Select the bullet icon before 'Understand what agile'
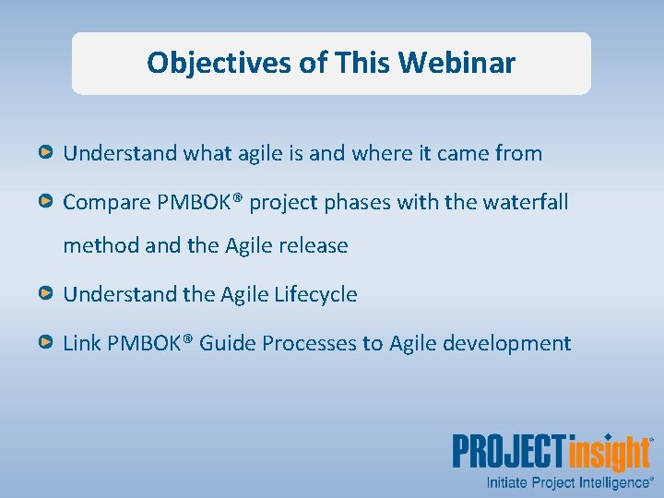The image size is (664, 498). pos(45,152)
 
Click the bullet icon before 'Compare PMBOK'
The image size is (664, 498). pos(45,200)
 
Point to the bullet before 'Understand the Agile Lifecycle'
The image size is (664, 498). pos(45,293)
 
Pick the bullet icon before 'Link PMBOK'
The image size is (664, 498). pos(45,342)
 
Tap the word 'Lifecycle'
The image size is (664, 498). pos(315,294)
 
